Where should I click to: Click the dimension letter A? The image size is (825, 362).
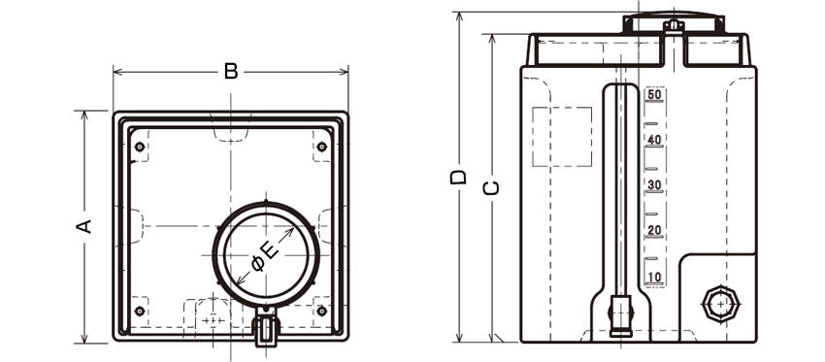coord(84,226)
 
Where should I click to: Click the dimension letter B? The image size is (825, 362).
coord(231,71)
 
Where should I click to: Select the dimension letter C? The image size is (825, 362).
coord(491,188)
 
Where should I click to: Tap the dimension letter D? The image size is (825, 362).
coord(458,177)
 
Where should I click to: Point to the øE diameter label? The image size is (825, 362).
coord(265,257)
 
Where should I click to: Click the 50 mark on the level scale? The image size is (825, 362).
coord(654,95)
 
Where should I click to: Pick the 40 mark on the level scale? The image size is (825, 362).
coord(654,140)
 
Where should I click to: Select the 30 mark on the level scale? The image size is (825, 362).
coord(654,185)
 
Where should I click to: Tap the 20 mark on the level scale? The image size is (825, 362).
coord(654,230)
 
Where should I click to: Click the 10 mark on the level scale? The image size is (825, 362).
coord(654,277)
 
